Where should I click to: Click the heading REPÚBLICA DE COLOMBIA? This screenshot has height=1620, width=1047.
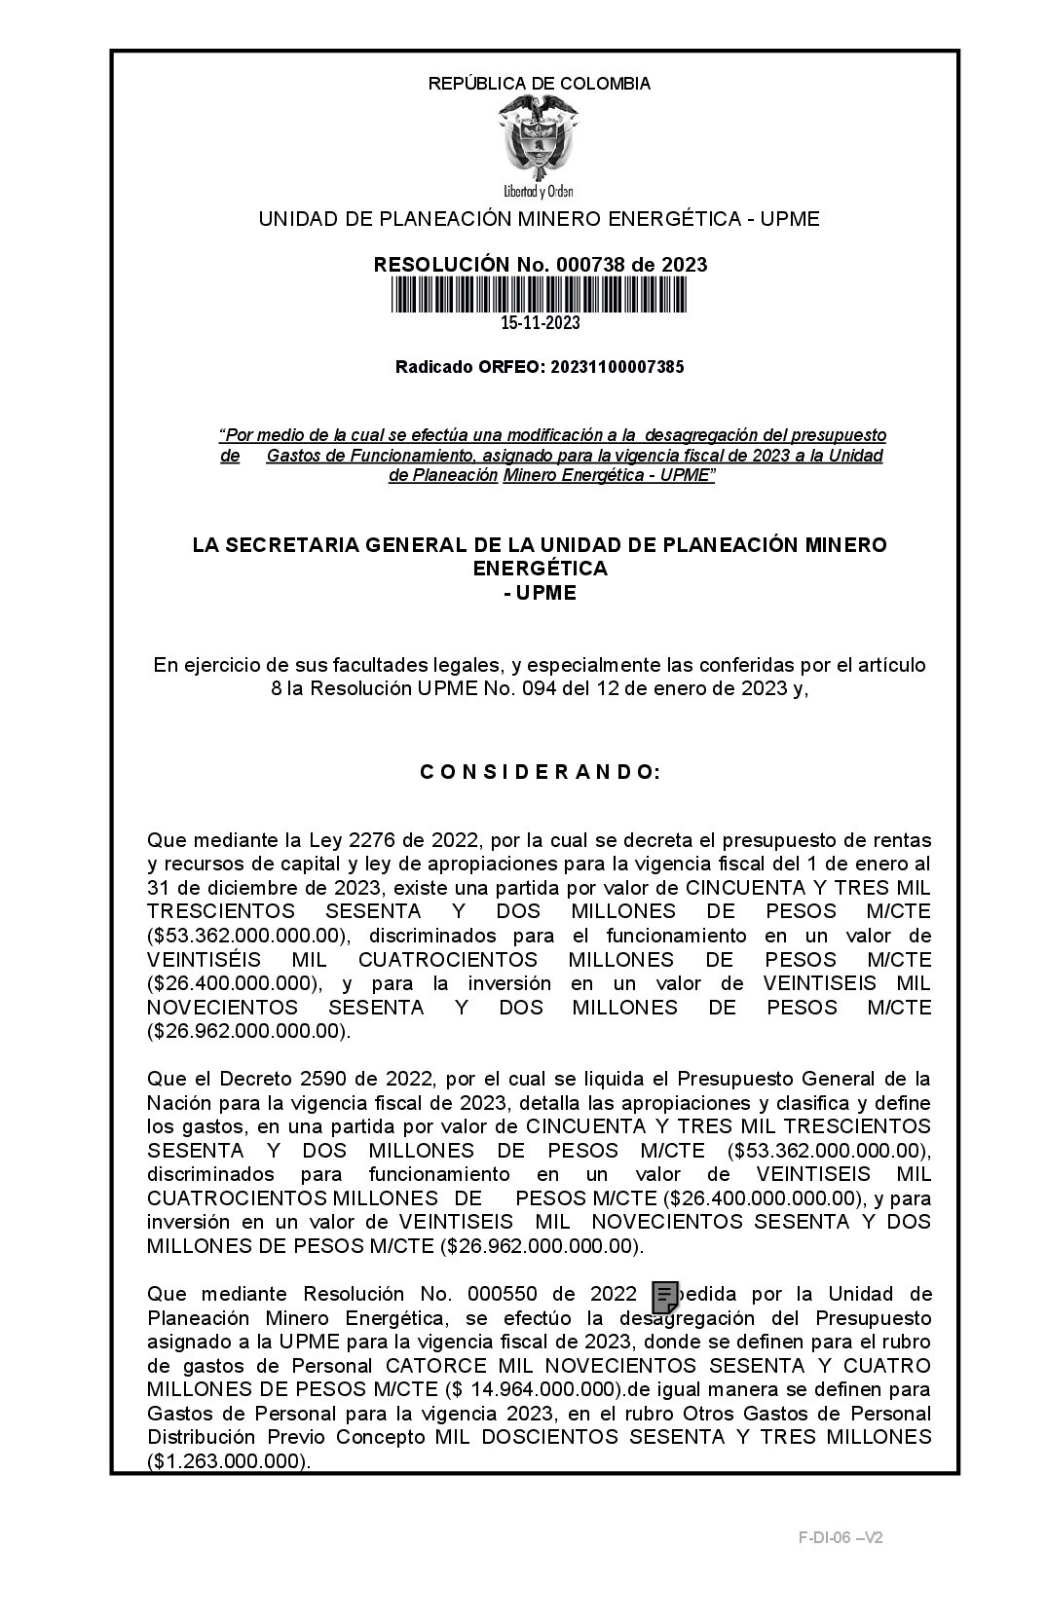539,84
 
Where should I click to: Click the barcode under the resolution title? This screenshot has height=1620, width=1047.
539,294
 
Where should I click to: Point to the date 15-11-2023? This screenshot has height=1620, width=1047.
540,323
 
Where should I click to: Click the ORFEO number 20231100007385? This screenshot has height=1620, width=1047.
617,367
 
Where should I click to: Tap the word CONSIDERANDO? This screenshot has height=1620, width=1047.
540,772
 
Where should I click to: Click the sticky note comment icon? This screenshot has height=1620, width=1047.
664,1297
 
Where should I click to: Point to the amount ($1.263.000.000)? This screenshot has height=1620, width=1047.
228,1461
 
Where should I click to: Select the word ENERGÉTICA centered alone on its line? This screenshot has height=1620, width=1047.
539,569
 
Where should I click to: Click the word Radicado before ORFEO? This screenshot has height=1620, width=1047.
434,367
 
